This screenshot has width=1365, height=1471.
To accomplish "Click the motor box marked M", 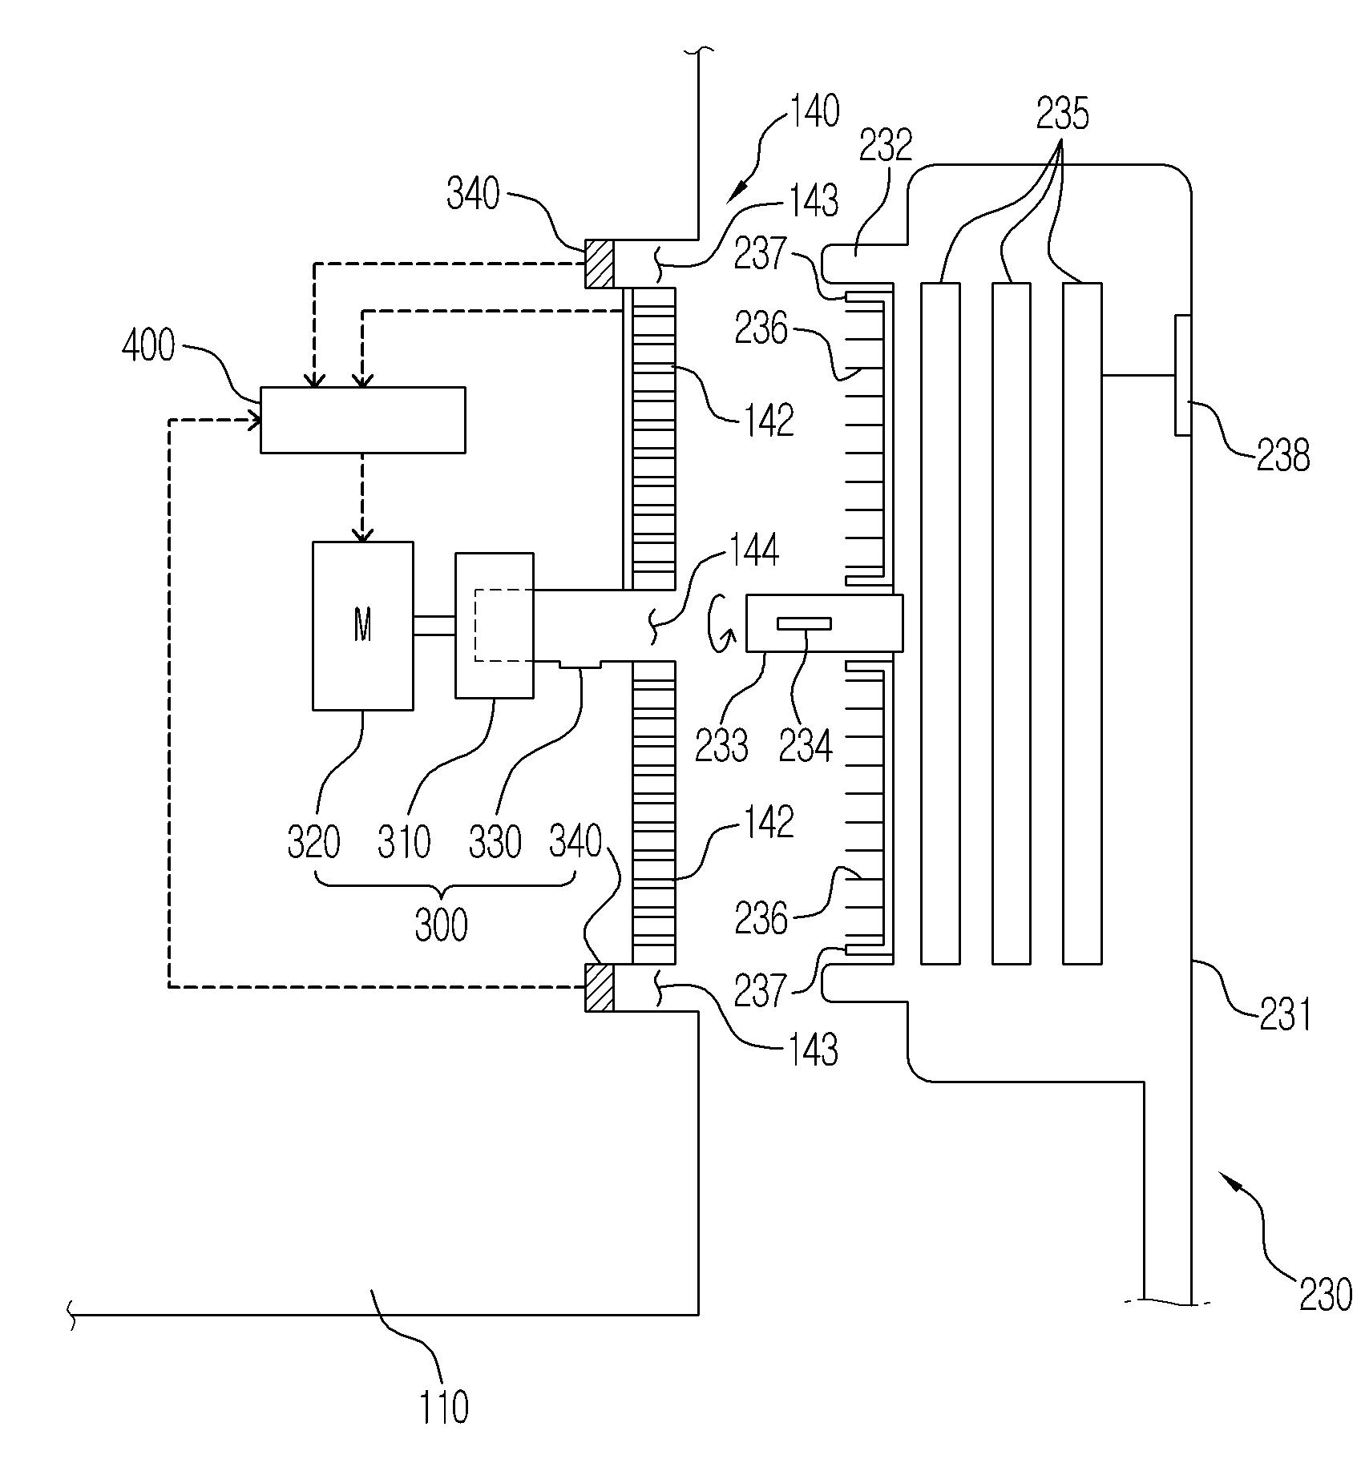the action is (363, 626).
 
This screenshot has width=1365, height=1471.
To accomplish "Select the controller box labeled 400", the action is (363, 420).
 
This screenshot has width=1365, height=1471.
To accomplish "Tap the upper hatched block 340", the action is (599, 264).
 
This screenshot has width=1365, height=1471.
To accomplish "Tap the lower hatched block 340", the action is (599, 987).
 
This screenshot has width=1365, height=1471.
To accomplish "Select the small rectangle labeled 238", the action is (1182, 376).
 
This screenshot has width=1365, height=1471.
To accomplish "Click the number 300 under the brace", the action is (442, 925).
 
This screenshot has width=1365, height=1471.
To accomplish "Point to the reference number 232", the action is (886, 146).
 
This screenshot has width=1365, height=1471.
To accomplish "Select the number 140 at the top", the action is (815, 111).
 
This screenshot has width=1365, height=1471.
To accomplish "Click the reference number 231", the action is (1285, 1013).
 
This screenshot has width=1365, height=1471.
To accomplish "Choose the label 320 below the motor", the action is (314, 843).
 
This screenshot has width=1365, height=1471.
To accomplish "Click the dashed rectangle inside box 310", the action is (503, 625).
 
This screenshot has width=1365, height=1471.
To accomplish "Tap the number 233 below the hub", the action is (721, 745).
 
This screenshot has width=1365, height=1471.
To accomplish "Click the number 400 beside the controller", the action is (148, 346).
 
